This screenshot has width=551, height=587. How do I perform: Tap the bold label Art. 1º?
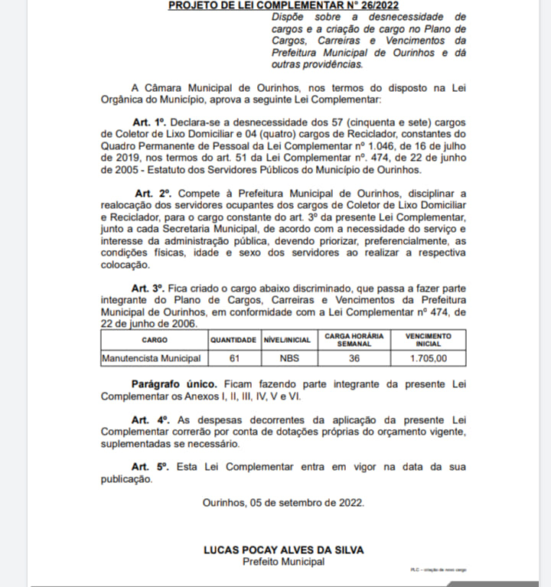149,122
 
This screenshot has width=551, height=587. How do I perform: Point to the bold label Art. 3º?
148,288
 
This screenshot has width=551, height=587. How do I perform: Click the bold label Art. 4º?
149,420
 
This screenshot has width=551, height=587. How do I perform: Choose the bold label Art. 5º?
149,467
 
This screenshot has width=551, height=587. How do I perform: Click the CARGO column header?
154,340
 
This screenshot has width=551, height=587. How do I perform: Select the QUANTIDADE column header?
234,340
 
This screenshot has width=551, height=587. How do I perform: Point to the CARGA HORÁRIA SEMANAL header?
354,340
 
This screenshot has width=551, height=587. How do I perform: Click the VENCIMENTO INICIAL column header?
429,340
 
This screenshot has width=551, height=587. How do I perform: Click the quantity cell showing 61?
234,357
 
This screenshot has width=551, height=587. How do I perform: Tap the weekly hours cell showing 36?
354,357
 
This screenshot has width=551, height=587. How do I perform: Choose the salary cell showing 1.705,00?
429,357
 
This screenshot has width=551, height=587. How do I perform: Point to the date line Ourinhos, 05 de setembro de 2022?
283,503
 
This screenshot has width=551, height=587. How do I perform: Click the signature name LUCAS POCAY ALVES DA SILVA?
283,550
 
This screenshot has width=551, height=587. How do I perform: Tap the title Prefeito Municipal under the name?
283,562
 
